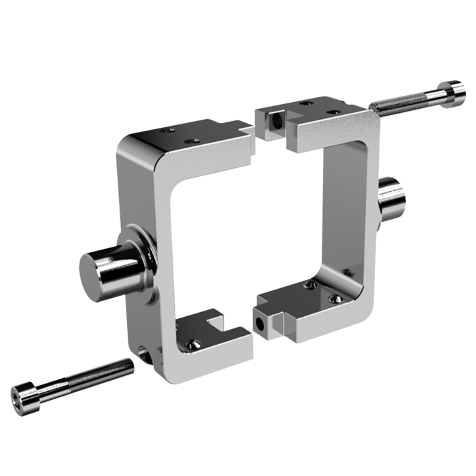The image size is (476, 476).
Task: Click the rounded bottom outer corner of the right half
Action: click(x=364, y=306)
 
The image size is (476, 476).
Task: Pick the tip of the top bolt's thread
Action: click(x=373, y=107)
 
